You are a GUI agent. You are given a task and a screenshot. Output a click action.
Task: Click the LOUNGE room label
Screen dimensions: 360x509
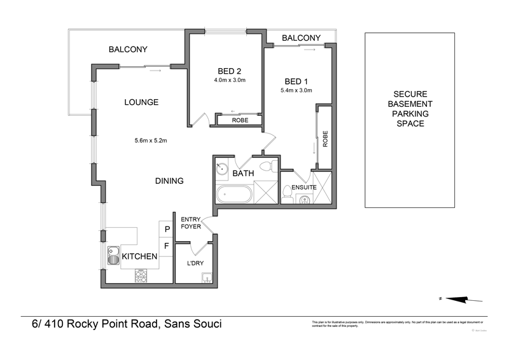coord(141,102)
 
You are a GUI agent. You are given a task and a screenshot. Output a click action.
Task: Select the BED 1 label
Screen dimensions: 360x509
coord(296,81)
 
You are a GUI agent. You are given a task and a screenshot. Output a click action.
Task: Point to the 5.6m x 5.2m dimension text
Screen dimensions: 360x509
coord(150,141)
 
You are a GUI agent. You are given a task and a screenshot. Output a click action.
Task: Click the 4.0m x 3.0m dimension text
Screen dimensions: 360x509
coord(230,81)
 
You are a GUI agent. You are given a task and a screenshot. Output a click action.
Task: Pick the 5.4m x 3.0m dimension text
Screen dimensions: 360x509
coord(296,91)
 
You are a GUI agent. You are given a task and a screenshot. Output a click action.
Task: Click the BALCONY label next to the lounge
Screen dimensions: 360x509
coord(128,50)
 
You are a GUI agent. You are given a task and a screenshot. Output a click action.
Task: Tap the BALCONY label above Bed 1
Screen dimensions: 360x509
coord(300,38)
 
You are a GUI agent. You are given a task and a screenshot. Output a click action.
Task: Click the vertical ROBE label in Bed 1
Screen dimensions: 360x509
coord(324,139)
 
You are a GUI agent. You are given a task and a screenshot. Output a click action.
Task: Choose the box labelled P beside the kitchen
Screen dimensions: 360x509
coord(167,229)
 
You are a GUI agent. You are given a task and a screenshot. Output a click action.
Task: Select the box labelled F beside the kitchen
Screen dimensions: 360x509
coord(167,245)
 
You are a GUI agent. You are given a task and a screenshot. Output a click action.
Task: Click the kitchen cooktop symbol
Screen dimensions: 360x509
coord(141,276)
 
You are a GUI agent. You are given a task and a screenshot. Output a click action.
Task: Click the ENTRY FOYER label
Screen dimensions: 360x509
coord(192,222)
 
